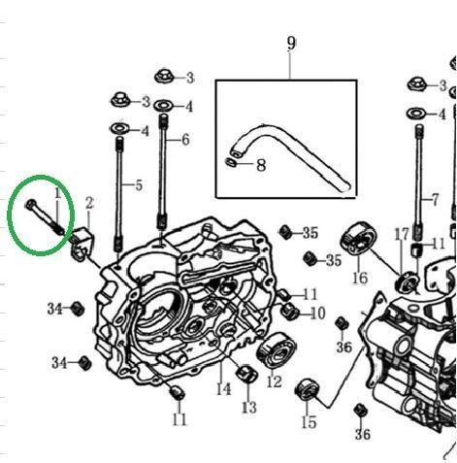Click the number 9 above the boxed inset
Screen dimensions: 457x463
(291, 44)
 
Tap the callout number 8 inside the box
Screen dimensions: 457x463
(261, 165)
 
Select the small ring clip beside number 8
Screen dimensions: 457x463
(230, 162)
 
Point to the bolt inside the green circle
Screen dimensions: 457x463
(46, 217)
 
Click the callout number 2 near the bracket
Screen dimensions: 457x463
(89, 203)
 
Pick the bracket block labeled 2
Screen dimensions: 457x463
(82, 244)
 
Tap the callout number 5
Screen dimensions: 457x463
(139, 185)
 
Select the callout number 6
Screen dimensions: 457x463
(185, 140)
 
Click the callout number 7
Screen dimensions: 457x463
(436, 200)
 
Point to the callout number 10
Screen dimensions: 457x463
(318, 314)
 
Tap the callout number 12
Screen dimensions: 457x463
(275, 382)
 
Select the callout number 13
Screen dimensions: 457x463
(249, 408)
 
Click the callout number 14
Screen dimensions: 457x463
(223, 389)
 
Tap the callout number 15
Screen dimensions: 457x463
(309, 422)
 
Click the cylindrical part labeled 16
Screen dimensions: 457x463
(358, 239)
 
